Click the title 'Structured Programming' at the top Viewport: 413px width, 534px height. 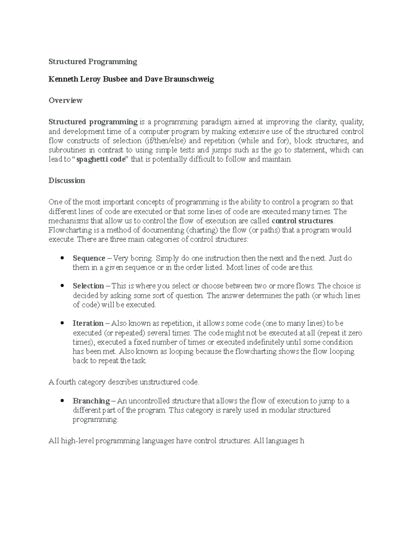[x=93, y=62]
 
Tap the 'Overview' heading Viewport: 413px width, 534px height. [x=65, y=100]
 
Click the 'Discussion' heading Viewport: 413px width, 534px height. [x=67, y=181]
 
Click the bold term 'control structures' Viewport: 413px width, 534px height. [x=302, y=221]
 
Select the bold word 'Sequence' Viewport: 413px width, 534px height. [x=89, y=258]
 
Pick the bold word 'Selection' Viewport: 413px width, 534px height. [x=88, y=286]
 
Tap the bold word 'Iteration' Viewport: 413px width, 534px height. [x=88, y=324]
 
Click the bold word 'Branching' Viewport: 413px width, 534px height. [x=91, y=401]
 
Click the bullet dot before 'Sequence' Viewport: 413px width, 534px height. [x=62, y=258]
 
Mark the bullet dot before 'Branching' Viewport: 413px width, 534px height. [x=62, y=401]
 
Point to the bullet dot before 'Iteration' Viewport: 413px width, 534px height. [x=62, y=324]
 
